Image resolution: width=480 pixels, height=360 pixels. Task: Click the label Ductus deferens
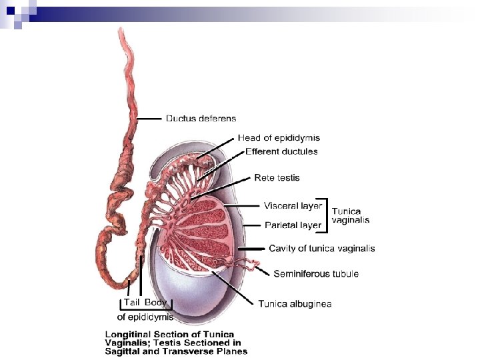pos(201,119)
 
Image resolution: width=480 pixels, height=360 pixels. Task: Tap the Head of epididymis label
pos(279,138)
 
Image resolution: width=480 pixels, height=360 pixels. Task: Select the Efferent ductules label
pos(281,151)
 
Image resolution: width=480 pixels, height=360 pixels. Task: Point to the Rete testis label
pos(277,178)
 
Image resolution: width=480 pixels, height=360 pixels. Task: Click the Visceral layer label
pos(293,205)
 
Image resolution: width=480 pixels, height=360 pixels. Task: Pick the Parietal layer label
pos(293,225)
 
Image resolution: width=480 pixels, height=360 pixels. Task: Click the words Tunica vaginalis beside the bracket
pos(351,215)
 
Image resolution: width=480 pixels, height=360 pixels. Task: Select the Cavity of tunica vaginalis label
pos(321,249)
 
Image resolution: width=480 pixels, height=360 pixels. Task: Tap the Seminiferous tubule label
pos(316,274)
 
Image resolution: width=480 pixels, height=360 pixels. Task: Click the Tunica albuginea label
pos(295,304)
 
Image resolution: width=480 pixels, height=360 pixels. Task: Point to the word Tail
pos(131,303)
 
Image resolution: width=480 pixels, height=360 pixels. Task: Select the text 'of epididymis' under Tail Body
pos(145,317)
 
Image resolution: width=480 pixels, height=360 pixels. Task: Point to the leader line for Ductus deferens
pos(149,119)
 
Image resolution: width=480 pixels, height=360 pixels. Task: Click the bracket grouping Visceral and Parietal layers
pos(326,215)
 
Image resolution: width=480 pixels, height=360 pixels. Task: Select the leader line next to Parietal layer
pos(251,226)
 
